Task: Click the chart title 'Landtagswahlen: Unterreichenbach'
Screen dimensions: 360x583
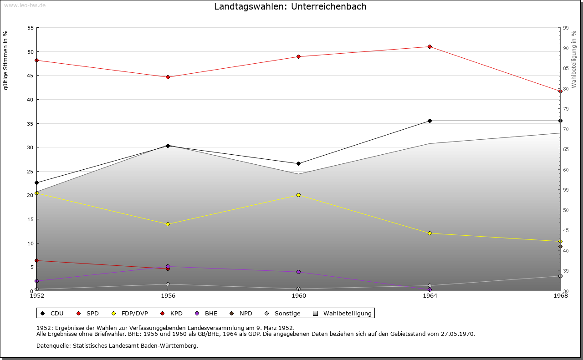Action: (290, 6)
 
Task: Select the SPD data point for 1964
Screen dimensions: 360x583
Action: (430, 46)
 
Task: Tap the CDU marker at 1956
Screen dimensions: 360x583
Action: (168, 146)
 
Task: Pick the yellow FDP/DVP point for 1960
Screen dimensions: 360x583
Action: (298, 195)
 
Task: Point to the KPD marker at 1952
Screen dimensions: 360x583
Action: (36, 260)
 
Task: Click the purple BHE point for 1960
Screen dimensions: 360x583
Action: (298, 272)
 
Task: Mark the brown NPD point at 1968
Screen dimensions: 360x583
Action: (560, 246)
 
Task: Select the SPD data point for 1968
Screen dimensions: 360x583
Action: (560, 91)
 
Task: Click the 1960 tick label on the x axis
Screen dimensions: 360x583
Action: (299, 295)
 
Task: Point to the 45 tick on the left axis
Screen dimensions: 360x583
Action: (31, 76)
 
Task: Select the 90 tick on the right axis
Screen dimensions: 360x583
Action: (565, 48)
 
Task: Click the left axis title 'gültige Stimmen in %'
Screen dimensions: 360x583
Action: (6, 60)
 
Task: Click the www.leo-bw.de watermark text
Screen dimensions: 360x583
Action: (25, 5)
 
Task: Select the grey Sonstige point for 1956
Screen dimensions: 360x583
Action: (168, 284)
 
